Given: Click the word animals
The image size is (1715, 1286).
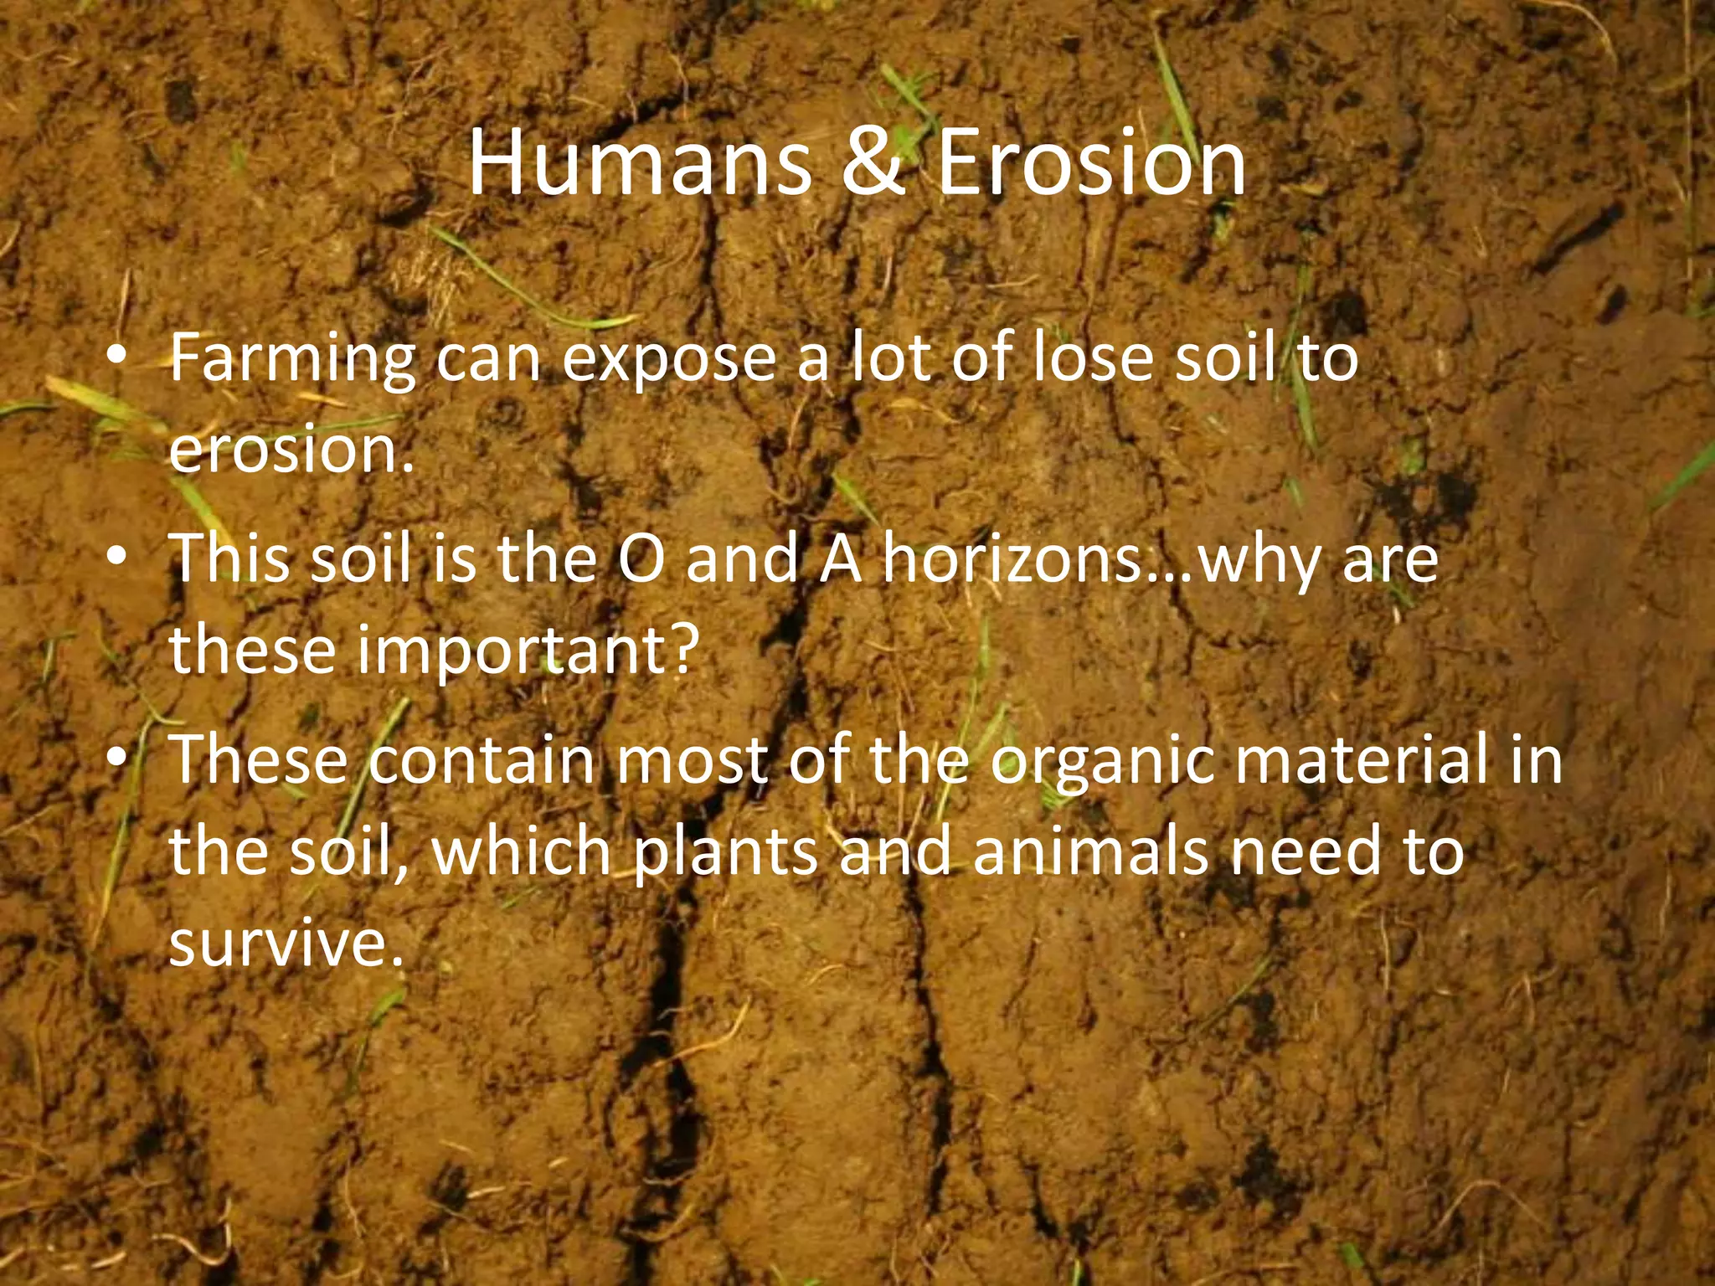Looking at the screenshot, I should (x=1091, y=851).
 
